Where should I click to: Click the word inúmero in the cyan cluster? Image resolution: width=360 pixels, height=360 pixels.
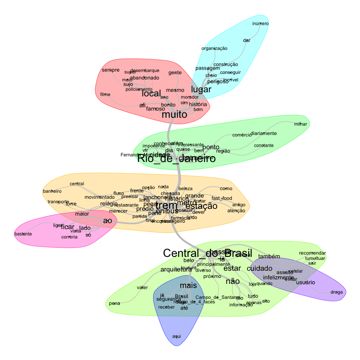coord(260,24)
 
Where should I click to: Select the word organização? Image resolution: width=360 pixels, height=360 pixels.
coord(214,48)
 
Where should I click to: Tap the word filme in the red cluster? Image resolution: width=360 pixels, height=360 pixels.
coord(105,94)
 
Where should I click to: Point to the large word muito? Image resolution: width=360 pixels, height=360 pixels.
coord(174,115)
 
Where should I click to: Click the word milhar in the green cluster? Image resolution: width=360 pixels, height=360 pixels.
coord(300,124)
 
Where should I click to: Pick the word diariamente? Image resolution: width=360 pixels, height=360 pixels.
coord(264,133)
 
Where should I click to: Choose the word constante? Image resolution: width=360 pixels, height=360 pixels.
coord(264,145)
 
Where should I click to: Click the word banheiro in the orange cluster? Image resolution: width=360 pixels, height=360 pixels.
coord(52,191)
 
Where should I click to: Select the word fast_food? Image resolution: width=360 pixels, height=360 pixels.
coord(222,198)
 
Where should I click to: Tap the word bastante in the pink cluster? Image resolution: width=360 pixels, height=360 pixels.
coord(23,234)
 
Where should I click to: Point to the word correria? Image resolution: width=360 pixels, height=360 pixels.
coord(69,237)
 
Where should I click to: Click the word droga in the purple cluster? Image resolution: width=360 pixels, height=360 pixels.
coord(337,292)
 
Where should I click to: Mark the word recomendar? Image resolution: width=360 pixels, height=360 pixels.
coord(312,253)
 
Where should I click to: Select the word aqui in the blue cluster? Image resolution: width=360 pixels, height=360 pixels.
coord(177,336)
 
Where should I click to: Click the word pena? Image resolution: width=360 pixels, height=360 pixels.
coord(114,303)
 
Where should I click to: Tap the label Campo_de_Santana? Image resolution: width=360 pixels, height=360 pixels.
coord(217,297)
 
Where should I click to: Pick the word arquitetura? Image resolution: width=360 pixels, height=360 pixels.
coord(176,270)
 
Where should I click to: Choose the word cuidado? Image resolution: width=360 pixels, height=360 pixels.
coord(259,269)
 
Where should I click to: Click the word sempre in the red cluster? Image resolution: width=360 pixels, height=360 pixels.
coord(111,70)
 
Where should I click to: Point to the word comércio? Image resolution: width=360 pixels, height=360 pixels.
coord(242,135)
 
